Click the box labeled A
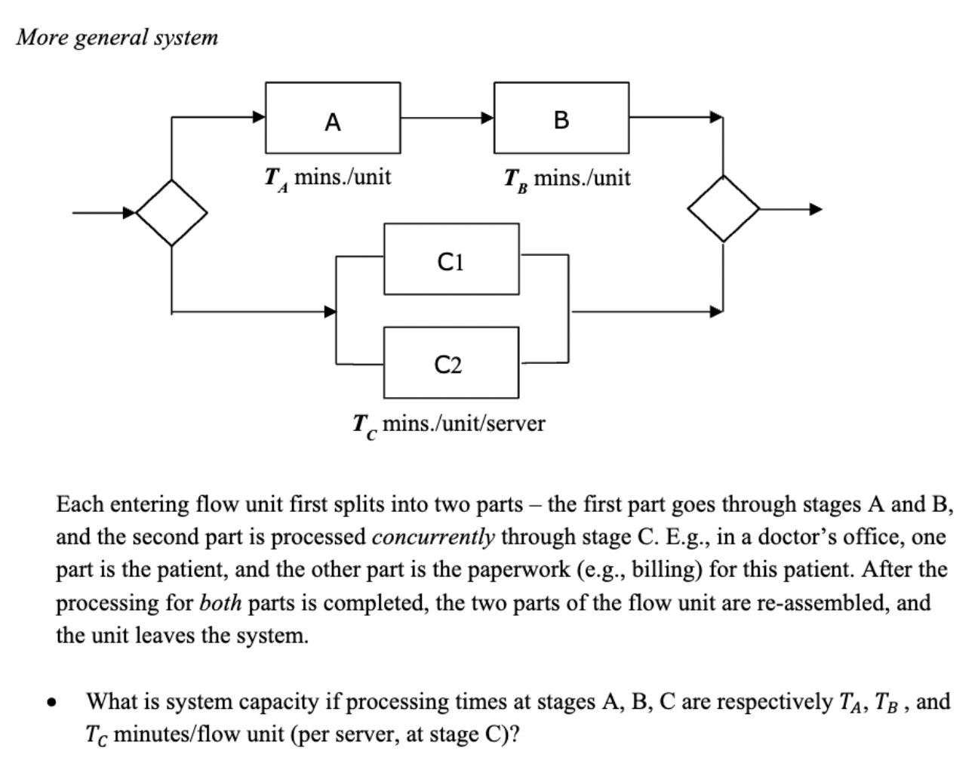click(333, 118)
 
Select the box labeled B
click(561, 118)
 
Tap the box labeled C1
click(451, 259)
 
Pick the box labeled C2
click(451, 363)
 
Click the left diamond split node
click(172, 212)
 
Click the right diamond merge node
click(724, 209)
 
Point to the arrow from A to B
click(447, 118)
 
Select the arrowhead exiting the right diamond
click(816, 209)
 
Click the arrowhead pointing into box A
click(259, 117)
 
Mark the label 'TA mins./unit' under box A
click(328, 178)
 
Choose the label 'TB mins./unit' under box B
click(567, 180)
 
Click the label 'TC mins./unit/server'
click(448, 424)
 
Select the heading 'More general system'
click(117, 37)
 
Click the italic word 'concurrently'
click(433, 537)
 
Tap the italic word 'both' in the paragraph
click(220, 602)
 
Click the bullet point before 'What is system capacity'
click(51, 704)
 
